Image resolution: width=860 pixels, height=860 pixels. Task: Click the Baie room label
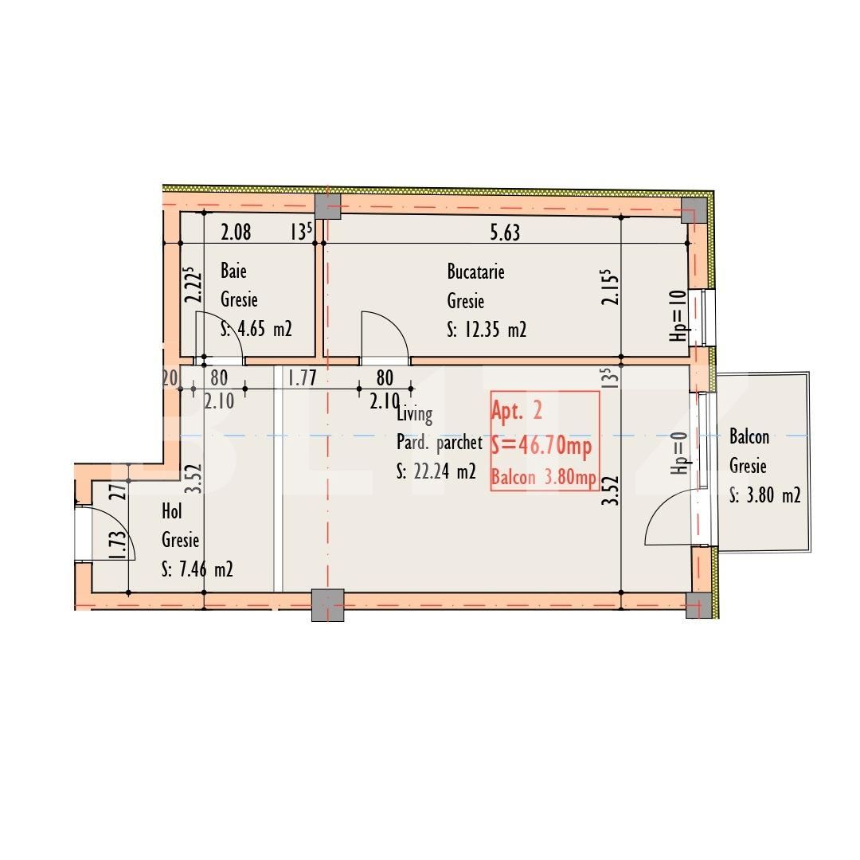click(233, 272)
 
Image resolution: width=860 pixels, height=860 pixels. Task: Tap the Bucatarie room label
click(475, 272)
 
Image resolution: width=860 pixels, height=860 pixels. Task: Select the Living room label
click(414, 414)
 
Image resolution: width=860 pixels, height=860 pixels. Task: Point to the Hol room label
click(172, 511)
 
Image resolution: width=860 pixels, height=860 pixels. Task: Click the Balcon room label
click(749, 436)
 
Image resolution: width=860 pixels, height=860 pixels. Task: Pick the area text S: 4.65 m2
click(256, 330)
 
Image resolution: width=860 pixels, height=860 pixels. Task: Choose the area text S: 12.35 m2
click(487, 330)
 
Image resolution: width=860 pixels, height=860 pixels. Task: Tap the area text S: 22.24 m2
click(436, 471)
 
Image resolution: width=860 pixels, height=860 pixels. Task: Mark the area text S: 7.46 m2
click(197, 570)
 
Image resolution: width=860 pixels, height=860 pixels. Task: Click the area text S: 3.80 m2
click(764, 495)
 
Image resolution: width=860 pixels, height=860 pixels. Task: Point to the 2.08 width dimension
click(236, 233)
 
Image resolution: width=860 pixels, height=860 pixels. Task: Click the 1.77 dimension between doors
click(303, 378)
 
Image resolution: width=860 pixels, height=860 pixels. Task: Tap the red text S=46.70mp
click(541, 446)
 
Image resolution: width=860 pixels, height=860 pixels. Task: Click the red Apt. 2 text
click(517, 411)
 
